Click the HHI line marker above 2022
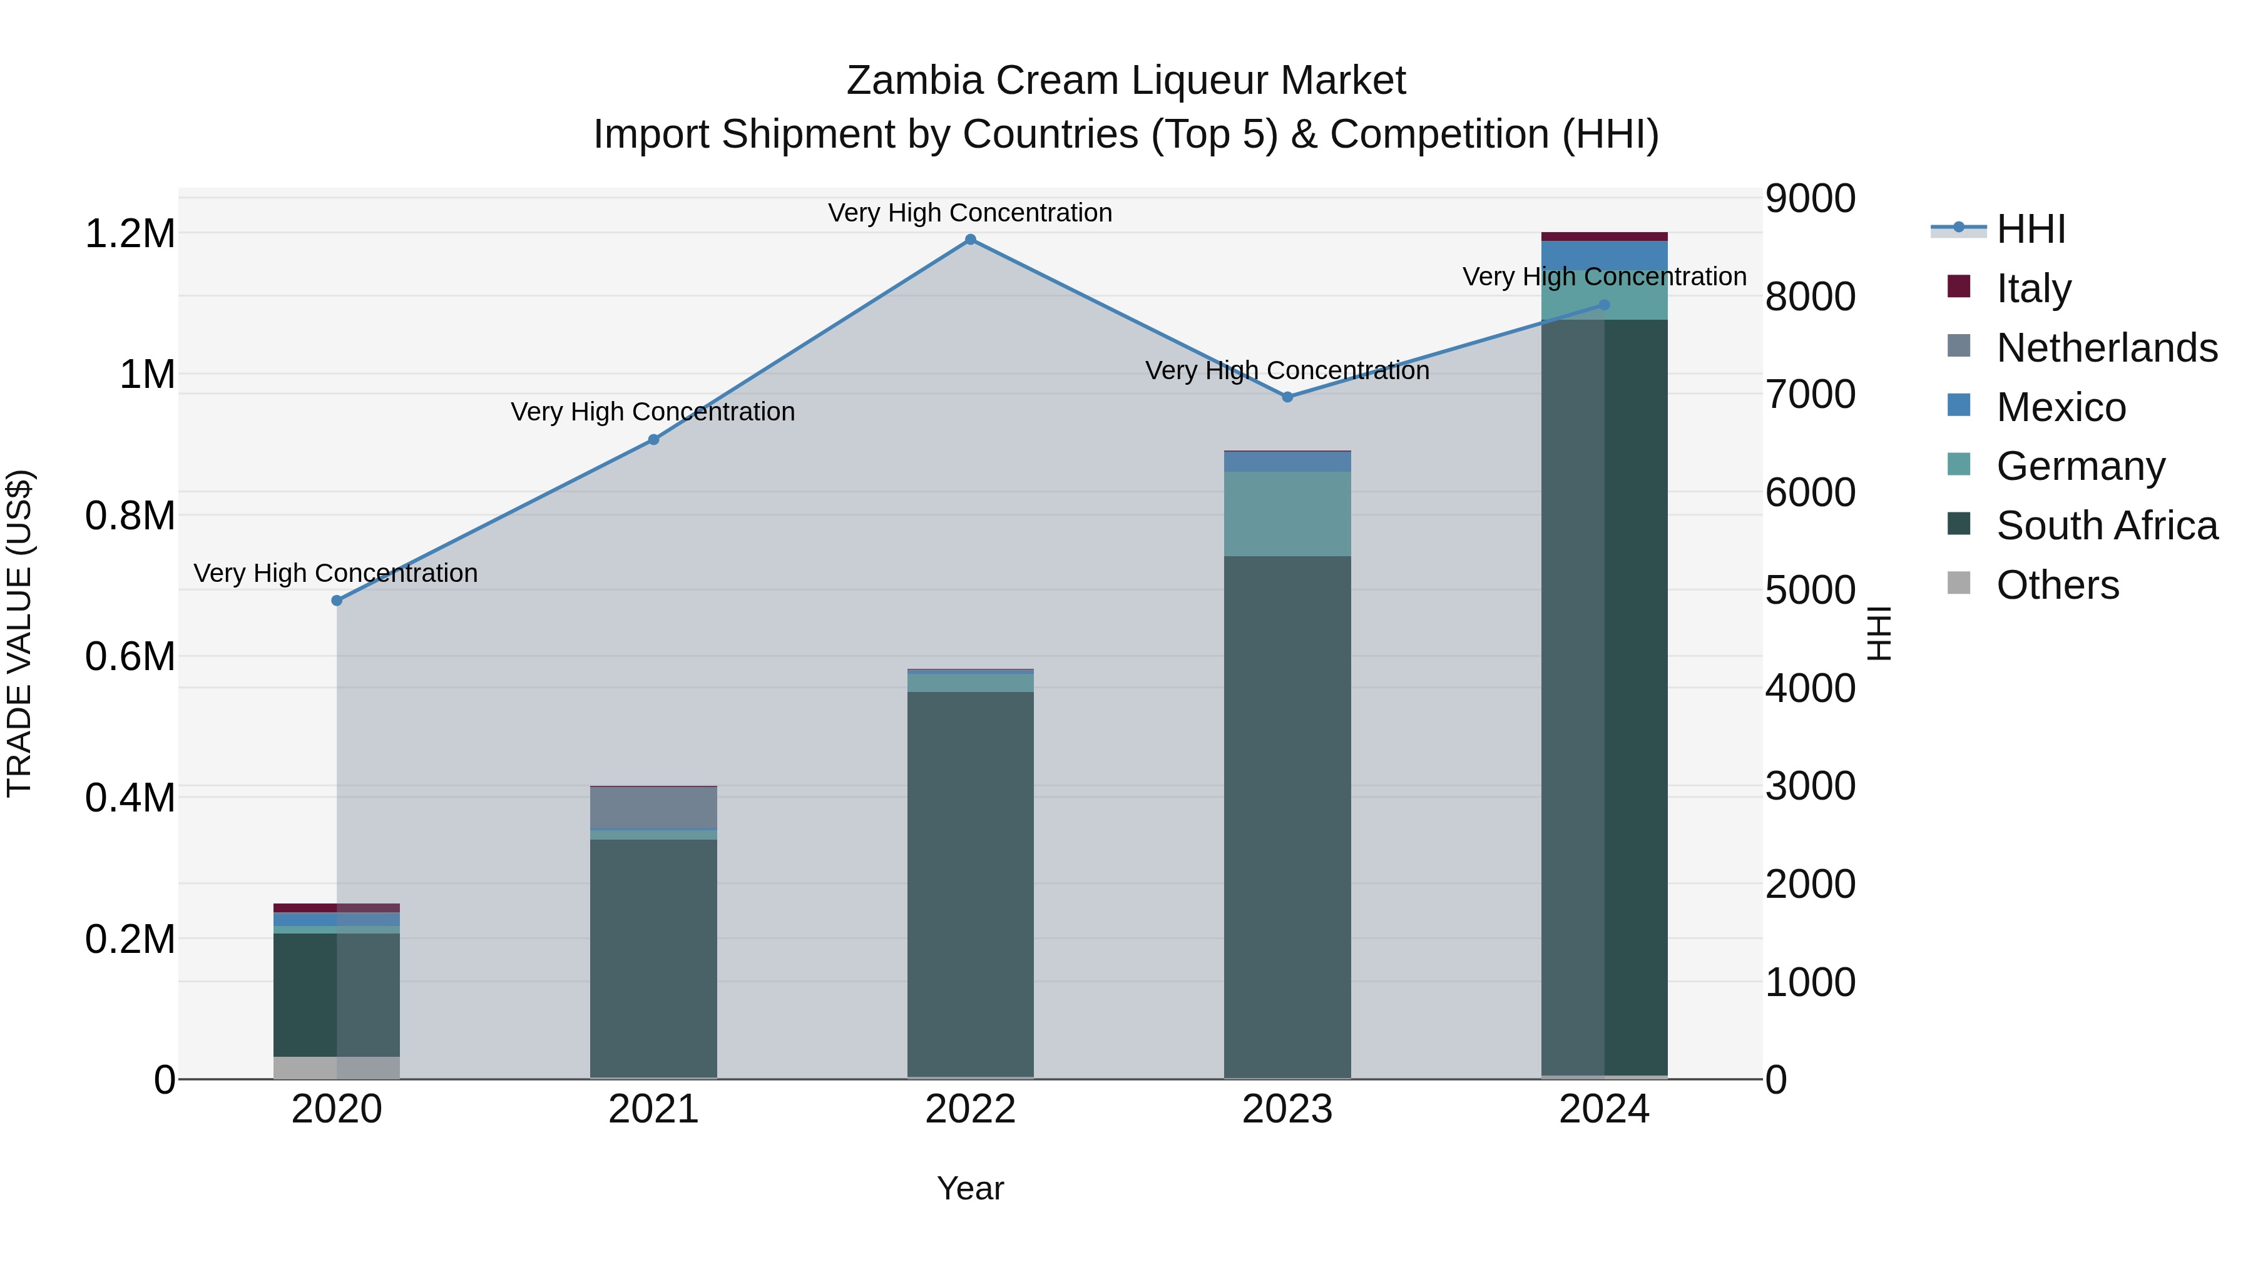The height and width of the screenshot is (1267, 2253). coord(970,240)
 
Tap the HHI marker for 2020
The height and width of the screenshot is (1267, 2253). coord(337,601)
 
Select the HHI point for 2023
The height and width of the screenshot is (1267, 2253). coord(1287,397)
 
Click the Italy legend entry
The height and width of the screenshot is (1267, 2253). coord(2033,288)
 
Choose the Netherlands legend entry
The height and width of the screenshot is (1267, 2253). coord(2106,348)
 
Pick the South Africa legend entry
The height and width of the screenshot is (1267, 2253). coord(2106,526)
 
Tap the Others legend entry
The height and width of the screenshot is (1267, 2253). coord(2057,585)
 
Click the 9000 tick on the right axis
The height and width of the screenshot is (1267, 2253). coord(1809,198)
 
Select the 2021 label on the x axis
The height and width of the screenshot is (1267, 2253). coord(653,1109)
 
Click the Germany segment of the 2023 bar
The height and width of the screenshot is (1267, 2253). coord(1287,514)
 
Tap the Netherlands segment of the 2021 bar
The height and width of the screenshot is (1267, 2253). coord(653,807)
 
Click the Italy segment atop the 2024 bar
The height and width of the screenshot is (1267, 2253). coord(1603,236)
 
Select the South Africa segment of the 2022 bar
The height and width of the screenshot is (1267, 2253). coord(970,883)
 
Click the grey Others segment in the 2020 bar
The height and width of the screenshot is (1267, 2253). coord(337,1067)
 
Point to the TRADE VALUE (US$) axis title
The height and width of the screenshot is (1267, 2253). coord(19,633)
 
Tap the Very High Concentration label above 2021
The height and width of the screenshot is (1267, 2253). coord(653,412)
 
